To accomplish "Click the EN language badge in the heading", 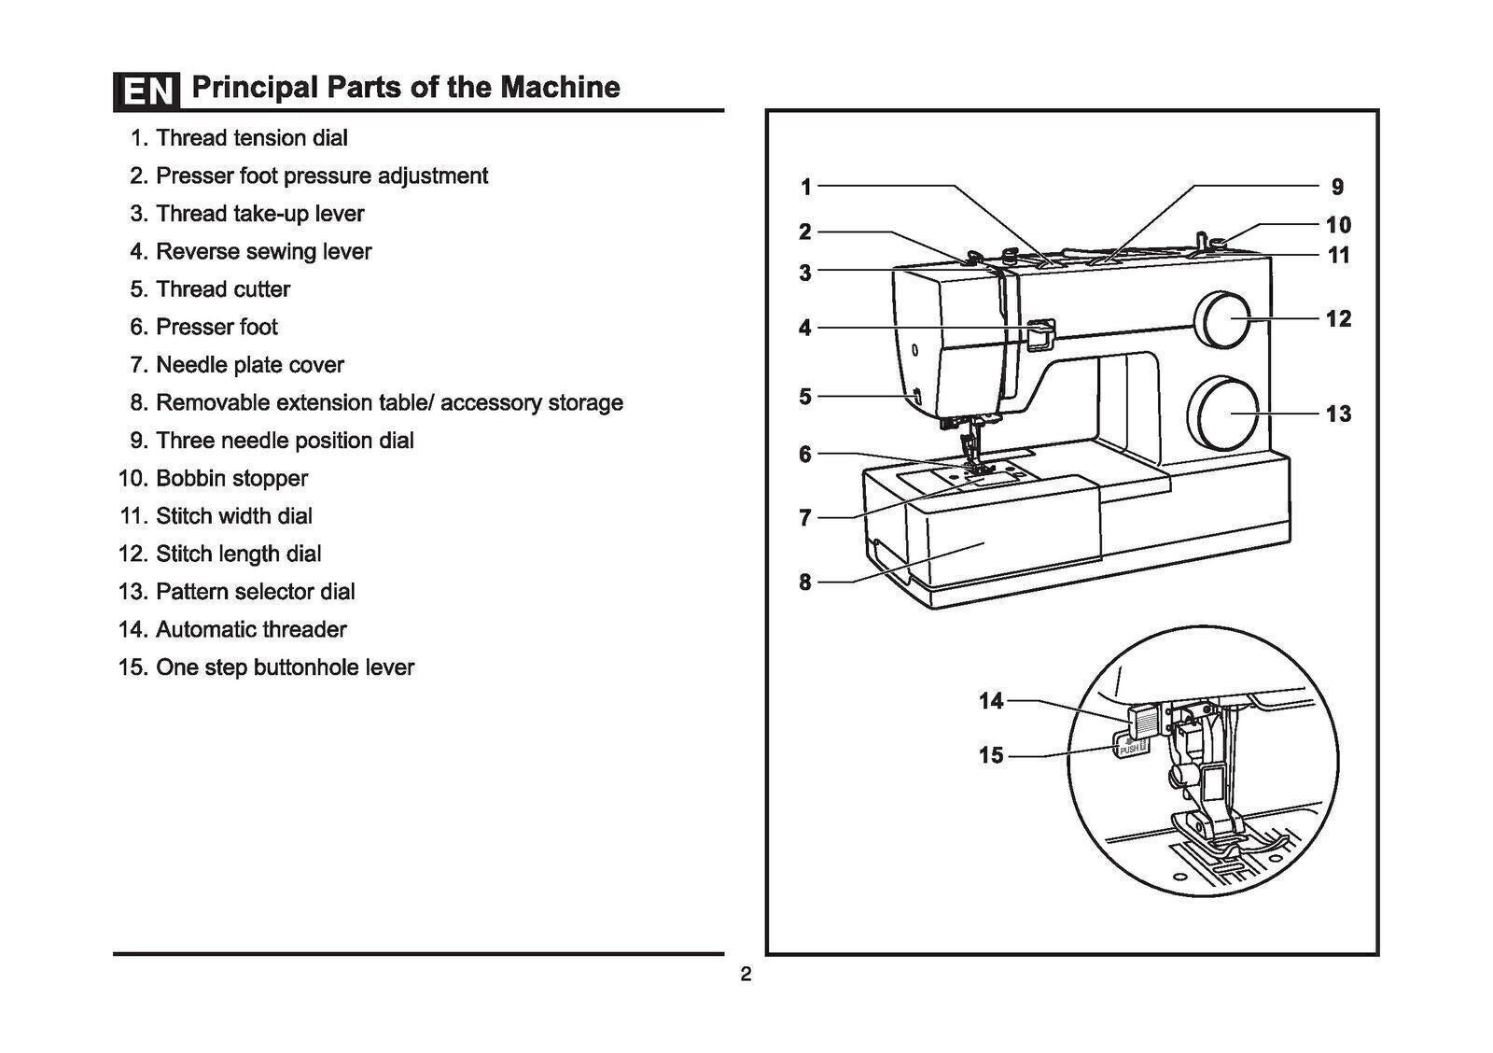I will tap(147, 91).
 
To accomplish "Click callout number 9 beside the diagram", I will tap(1337, 187).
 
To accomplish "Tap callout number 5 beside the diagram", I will tap(805, 397).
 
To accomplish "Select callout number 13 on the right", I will tap(1338, 414).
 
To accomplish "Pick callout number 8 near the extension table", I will tap(805, 583).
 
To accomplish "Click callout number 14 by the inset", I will tap(991, 700).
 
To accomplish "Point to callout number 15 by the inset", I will tap(991, 754).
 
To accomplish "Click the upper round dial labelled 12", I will tap(1225, 319).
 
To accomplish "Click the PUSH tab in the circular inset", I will tap(1130, 748).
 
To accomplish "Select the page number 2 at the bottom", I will tap(746, 976).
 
